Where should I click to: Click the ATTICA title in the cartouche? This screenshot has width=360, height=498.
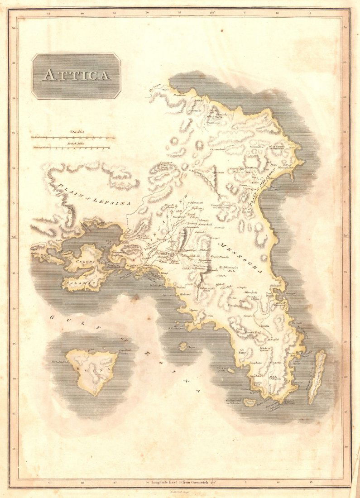[76, 75]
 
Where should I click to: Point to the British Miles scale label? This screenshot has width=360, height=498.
[75, 144]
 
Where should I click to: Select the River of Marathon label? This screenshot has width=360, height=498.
[276, 188]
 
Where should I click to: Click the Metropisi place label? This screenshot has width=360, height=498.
[273, 339]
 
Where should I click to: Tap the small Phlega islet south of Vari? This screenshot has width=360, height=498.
[183, 346]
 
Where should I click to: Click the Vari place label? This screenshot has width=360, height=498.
[210, 315]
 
